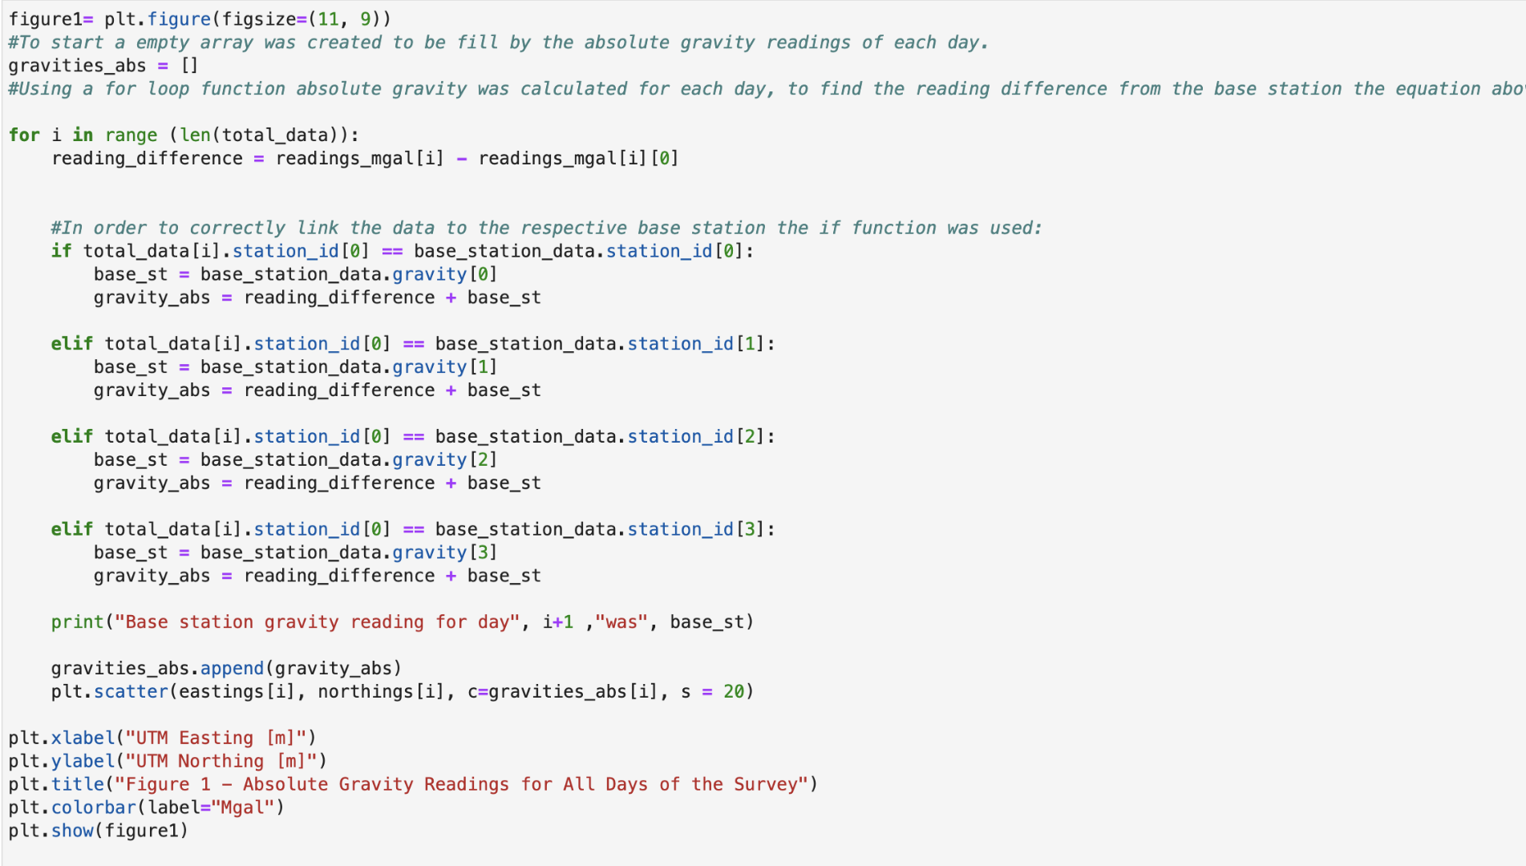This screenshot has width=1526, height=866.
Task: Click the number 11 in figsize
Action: tap(329, 19)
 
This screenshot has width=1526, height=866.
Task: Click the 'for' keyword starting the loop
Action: tap(24, 135)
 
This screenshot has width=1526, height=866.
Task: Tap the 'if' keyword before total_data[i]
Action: tap(61, 251)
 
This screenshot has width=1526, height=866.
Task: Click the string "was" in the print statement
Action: tap(621, 622)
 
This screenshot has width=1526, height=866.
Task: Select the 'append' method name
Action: tap(232, 669)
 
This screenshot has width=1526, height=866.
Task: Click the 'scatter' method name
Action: tap(131, 691)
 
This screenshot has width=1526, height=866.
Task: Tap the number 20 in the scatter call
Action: tap(734, 691)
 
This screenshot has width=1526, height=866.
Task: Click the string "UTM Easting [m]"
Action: tap(216, 738)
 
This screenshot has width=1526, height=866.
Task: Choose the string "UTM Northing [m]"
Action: tap(221, 761)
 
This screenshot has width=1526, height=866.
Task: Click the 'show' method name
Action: tap(72, 831)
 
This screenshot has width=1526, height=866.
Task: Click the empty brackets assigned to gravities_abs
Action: tap(189, 66)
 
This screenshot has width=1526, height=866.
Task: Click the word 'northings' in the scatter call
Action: tap(366, 691)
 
